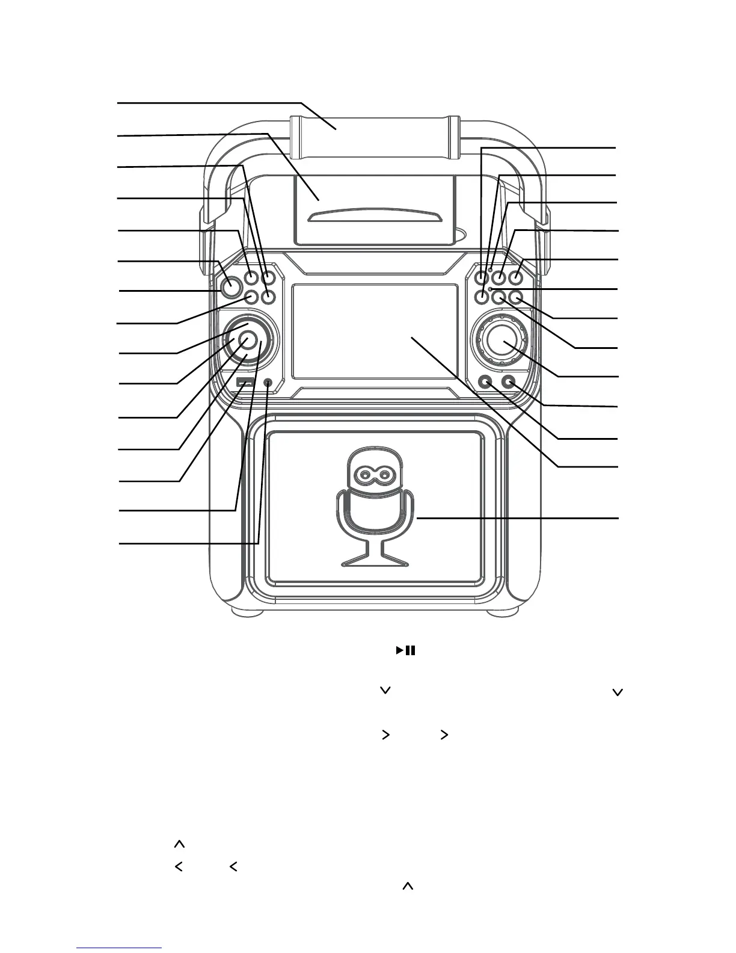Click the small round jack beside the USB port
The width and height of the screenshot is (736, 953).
click(x=268, y=382)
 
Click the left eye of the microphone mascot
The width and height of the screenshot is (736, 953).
click(x=364, y=476)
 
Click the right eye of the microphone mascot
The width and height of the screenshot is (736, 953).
click(x=385, y=476)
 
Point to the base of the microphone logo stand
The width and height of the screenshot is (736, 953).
click(x=375, y=563)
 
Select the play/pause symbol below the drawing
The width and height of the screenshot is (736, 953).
click(x=405, y=650)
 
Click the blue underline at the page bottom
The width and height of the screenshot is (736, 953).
click(x=120, y=948)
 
